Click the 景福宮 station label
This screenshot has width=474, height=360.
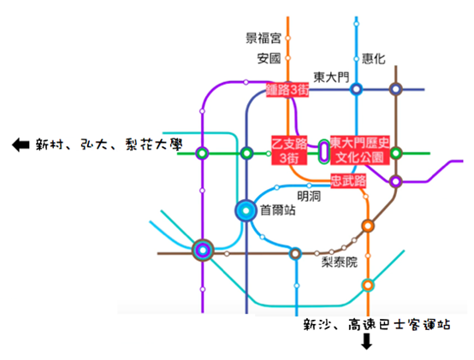[x=264, y=38]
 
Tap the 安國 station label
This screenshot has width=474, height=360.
[x=269, y=58]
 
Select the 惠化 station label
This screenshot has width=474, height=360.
[x=374, y=59]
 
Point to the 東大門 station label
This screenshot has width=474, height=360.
[x=331, y=77]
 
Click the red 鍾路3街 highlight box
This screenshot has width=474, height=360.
[x=287, y=90]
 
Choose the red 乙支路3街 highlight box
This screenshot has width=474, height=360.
[x=289, y=150]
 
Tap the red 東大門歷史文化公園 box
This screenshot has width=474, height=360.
[x=359, y=150]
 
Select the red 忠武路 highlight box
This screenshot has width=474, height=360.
[x=348, y=181]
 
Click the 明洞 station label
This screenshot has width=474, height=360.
[x=309, y=197]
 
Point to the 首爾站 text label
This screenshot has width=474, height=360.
[x=278, y=210]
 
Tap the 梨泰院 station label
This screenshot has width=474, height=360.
[x=339, y=263]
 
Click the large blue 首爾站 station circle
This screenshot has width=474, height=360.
[x=246, y=210]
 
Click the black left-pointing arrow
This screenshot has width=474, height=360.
[x=21, y=145]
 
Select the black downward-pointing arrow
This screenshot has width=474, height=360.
[x=367, y=341]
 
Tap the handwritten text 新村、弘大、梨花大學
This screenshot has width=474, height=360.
[x=109, y=145]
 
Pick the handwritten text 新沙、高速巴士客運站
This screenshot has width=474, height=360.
[x=376, y=325]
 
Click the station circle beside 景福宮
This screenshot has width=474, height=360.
[x=287, y=38]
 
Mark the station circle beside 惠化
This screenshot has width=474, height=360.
[x=357, y=59]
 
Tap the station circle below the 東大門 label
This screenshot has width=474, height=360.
[x=357, y=90]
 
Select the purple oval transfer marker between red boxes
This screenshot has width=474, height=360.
[x=324, y=152]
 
